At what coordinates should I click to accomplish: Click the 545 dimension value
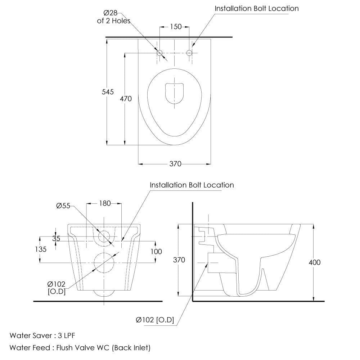(x=108, y=92)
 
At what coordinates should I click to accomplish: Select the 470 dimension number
(x=126, y=99)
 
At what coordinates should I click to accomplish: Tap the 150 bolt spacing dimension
(x=176, y=27)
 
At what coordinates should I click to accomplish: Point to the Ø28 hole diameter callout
(x=110, y=13)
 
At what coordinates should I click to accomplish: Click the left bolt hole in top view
(x=160, y=53)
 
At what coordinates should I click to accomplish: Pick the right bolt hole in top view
(x=189, y=53)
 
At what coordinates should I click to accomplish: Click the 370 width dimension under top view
(x=175, y=164)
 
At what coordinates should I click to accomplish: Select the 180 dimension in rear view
(x=105, y=203)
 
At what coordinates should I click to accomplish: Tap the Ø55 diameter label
(x=63, y=206)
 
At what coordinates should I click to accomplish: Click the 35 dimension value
(x=56, y=239)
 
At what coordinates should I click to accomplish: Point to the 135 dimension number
(x=41, y=249)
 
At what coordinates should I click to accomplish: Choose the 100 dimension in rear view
(x=156, y=252)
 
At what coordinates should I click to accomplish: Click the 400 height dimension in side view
(x=315, y=262)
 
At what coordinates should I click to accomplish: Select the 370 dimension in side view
(x=179, y=260)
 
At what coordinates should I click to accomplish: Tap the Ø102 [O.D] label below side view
(x=155, y=320)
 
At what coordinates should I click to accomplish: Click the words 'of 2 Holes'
(x=114, y=21)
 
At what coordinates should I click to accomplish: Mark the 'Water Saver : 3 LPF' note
(x=42, y=336)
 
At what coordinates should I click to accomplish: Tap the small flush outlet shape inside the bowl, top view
(x=175, y=93)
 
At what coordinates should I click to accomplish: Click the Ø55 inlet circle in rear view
(x=104, y=236)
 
